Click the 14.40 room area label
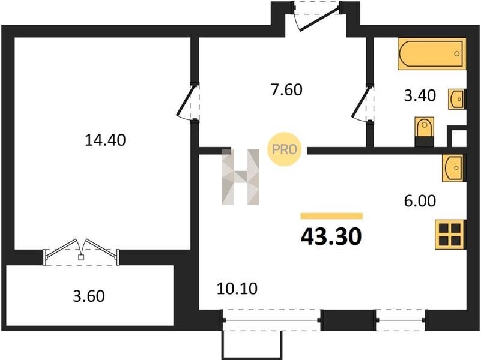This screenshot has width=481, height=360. (x=105, y=140)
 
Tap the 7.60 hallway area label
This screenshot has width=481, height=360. (x=286, y=90)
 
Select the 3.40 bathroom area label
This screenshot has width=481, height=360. (x=420, y=95)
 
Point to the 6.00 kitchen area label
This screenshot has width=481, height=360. (x=420, y=201)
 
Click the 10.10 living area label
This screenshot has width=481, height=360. (x=237, y=289)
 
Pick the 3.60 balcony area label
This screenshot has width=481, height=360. (x=89, y=296)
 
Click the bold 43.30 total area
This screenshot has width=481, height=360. (x=331, y=237)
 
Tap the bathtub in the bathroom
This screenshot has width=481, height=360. (x=432, y=53)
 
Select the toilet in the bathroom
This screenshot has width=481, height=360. (x=424, y=131)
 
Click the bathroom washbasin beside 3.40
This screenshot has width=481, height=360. (x=457, y=99)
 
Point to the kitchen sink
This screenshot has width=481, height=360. (x=453, y=168)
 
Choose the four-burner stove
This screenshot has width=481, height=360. (x=450, y=235)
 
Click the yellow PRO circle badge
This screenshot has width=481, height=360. (x=285, y=149)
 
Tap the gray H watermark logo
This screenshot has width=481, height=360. (x=240, y=177)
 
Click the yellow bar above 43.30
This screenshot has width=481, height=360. (x=331, y=216)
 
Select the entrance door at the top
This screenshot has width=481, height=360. (x=317, y=16)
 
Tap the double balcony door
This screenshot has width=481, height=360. (x=81, y=252)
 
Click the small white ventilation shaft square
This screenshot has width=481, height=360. (x=459, y=138)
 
